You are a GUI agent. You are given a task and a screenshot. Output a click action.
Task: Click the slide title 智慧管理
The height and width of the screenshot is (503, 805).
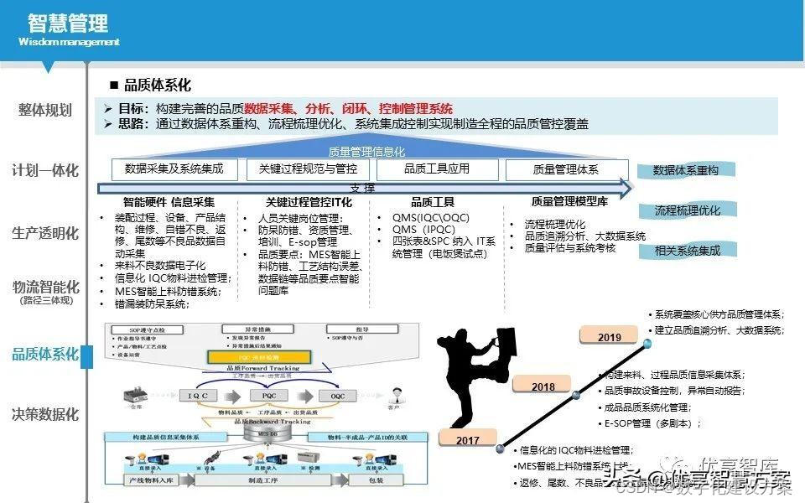(x=69, y=23)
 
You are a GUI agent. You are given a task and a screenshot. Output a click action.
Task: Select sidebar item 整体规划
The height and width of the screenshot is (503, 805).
(x=45, y=111)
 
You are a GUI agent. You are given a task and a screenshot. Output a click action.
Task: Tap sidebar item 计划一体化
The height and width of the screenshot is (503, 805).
(x=45, y=170)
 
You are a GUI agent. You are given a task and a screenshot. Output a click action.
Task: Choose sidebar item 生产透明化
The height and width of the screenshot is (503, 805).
(x=45, y=233)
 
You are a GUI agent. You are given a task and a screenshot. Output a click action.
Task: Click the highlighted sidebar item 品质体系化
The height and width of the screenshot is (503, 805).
(x=45, y=355)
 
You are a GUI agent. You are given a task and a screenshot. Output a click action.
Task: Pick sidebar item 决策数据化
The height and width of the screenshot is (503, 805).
(x=45, y=414)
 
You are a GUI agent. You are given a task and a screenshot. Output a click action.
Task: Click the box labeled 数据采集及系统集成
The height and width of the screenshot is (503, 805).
(x=174, y=169)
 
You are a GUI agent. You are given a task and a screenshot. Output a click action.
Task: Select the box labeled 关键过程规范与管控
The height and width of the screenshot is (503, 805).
(x=308, y=169)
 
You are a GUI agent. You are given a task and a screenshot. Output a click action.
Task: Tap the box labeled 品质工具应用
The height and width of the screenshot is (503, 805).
(x=437, y=169)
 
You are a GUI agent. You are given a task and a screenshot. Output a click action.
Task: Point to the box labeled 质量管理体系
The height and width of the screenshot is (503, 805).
(x=566, y=169)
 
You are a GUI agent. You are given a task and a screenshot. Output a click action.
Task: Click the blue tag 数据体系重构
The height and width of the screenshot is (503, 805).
(x=686, y=170)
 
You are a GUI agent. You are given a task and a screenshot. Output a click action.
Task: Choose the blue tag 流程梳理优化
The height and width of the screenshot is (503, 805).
(x=687, y=210)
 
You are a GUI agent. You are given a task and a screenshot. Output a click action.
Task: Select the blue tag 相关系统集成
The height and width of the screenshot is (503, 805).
(x=687, y=250)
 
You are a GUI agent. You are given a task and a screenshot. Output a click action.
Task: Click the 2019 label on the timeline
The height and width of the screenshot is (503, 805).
(x=610, y=337)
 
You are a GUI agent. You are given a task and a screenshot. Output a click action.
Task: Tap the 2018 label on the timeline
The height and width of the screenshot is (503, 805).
(x=543, y=386)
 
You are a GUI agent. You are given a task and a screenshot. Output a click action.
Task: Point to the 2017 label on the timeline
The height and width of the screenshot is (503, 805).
(x=468, y=440)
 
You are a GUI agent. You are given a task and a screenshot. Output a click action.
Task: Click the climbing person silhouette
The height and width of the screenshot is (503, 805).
(x=474, y=369)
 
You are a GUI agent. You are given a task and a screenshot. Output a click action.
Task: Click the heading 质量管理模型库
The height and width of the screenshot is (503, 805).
(x=570, y=202)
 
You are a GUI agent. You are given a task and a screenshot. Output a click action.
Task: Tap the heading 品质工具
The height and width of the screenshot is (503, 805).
(x=433, y=202)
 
